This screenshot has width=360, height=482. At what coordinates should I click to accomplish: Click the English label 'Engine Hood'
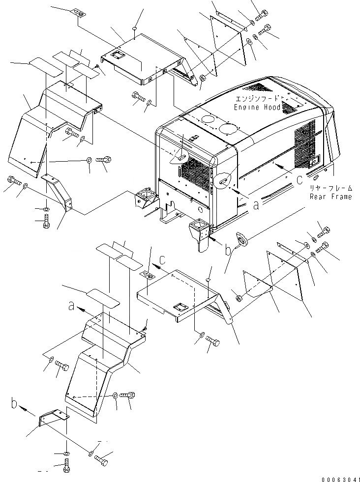257,107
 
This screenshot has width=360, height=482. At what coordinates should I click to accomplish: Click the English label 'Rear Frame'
330,197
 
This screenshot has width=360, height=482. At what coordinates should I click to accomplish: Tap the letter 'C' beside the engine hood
299,180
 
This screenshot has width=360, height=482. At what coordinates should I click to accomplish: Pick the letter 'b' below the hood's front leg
228,251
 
